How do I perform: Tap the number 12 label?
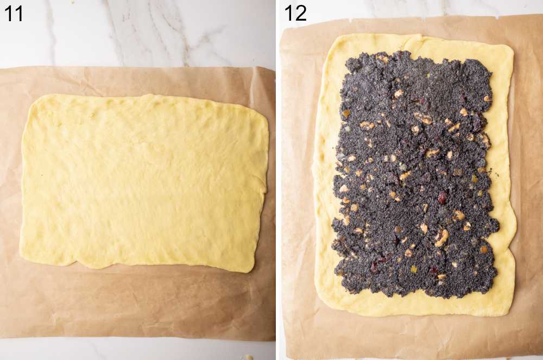click(295, 13)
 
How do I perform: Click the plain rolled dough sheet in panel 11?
click(144, 182)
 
